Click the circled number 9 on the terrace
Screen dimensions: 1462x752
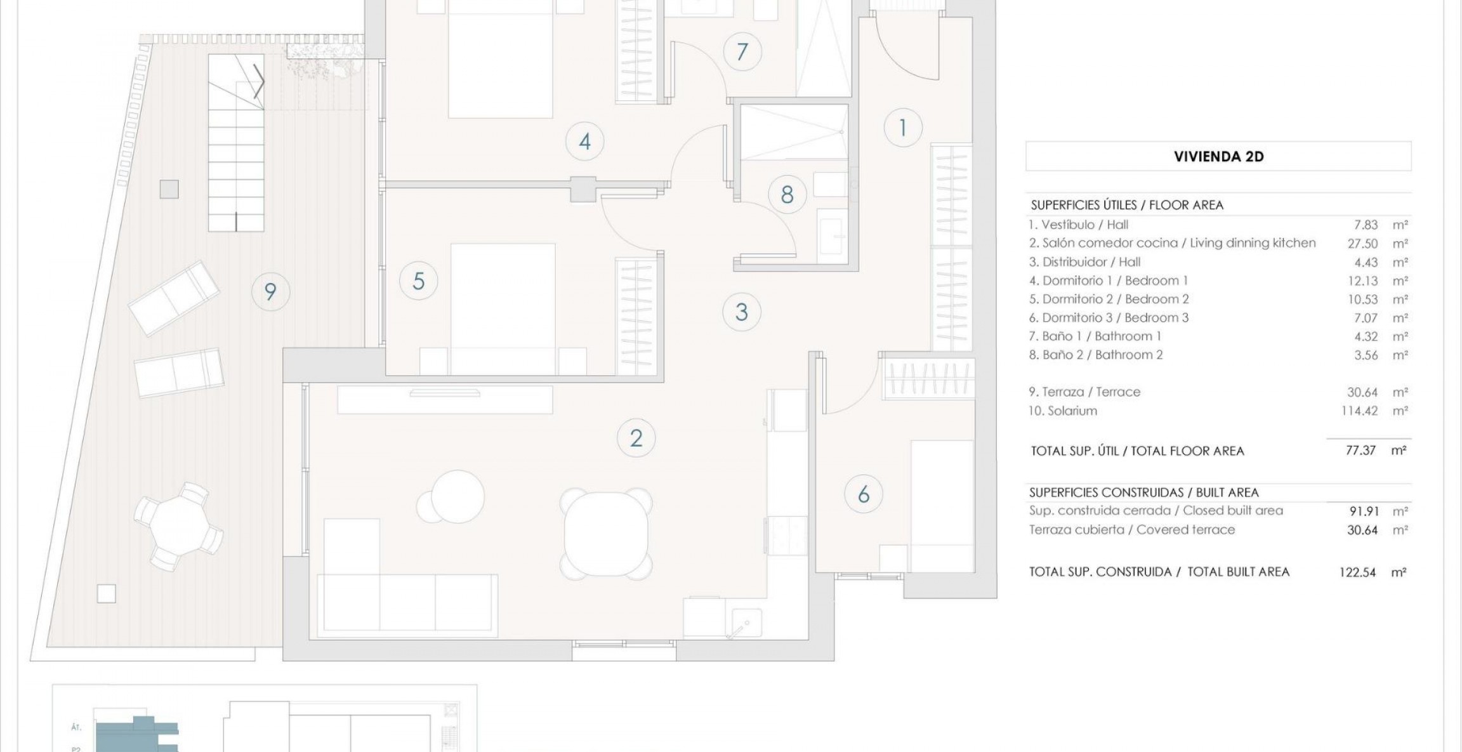(x=270, y=291)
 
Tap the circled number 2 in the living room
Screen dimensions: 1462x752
(x=636, y=438)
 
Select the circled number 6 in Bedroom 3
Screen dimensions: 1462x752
(x=864, y=494)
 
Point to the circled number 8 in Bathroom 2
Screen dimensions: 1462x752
(x=787, y=194)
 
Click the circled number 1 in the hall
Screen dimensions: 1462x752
(x=902, y=128)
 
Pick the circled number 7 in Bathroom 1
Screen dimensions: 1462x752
(x=742, y=51)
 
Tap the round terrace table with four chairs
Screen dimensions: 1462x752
(x=178, y=525)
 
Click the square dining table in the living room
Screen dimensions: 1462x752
(x=606, y=534)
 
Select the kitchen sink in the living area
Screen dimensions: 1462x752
(x=746, y=622)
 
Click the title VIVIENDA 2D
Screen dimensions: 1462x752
(x=1219, y=157)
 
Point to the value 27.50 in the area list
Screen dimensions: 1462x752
(x=1362, y=243)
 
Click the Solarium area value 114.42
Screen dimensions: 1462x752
(x=1359, y=411)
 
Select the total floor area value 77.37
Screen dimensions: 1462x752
(x=1360, y=450)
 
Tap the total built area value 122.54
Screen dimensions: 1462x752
(x=1357, y=572)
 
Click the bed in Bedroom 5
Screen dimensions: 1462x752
(x=503, y=309)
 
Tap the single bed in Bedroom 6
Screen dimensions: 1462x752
(x=942, y=506)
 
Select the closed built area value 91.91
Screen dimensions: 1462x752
(x=1362, y=511)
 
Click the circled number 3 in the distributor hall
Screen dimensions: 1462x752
(x=741, y=312)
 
